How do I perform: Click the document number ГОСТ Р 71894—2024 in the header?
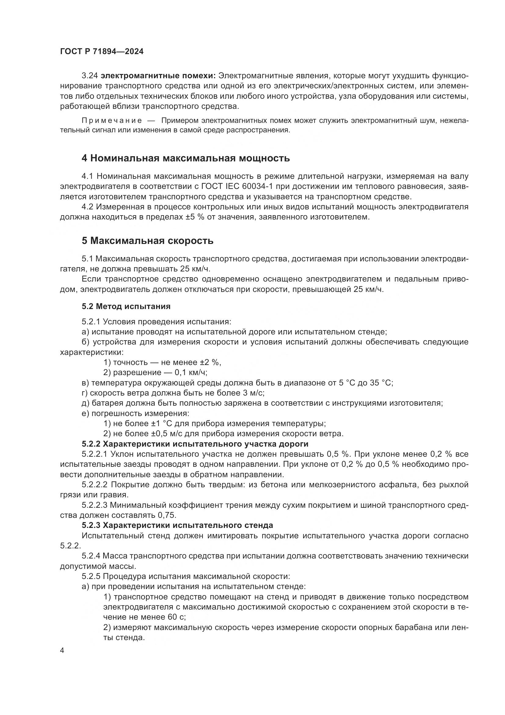(x=102, y=52)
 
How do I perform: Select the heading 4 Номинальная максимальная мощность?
(x=186, y=158)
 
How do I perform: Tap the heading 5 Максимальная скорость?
(x=147, y=241)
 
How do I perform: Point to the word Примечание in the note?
(x=112, y=120)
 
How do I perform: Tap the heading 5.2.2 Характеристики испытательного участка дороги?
(x=195, y=444)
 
